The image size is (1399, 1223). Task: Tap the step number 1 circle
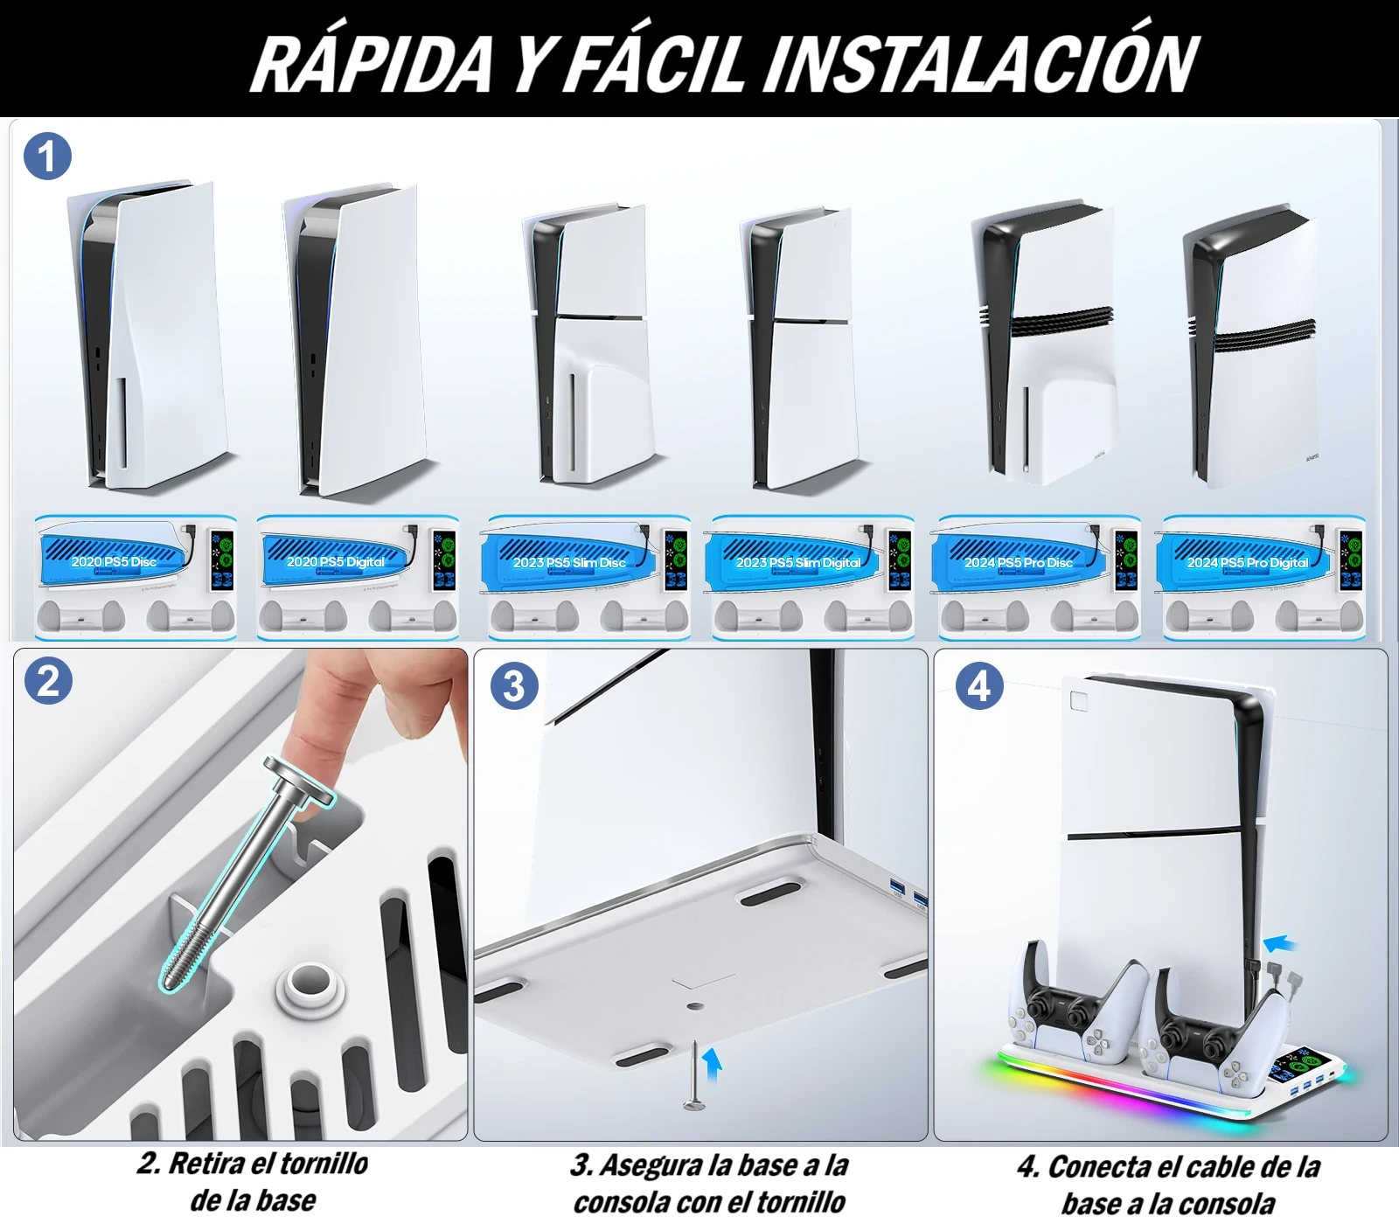47,156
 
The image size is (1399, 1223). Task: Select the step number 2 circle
48,681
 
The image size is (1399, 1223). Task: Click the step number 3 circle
514,685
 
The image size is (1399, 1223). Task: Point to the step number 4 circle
979,686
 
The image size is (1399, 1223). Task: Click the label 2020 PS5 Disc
114,562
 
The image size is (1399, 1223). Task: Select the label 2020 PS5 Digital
336,562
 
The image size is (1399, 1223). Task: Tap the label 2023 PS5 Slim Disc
569,563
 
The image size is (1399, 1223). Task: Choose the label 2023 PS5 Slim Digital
797,563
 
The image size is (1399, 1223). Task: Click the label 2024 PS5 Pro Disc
1018,563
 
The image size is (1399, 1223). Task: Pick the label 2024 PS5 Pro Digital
1247,563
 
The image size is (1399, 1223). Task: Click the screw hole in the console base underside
695,1006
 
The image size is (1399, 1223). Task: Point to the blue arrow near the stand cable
1281,943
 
